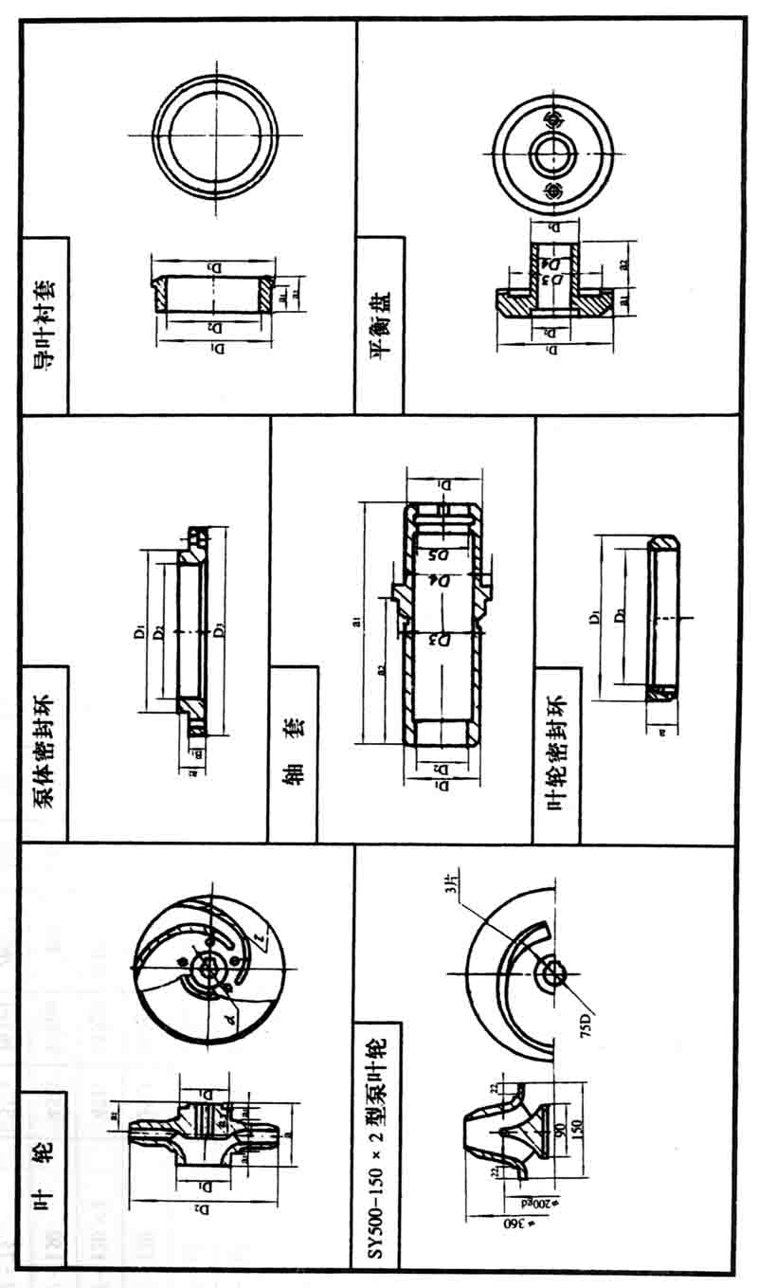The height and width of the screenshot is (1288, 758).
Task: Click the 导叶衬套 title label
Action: click(45, 323)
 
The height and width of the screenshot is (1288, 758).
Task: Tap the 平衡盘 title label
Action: click(381, 323)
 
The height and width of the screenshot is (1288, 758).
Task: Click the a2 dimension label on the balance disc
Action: click(622, 266)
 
